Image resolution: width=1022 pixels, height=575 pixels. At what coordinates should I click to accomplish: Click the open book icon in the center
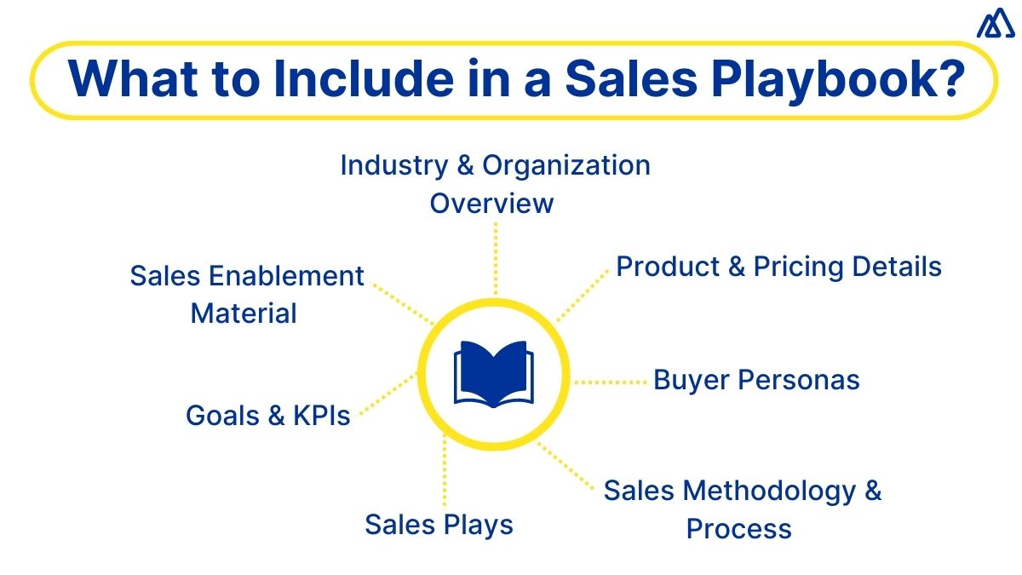click(494, 372)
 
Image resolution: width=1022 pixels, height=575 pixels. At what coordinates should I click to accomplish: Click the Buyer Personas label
click(756, 380)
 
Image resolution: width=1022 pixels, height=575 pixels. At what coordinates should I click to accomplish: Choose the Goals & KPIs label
click(268, 416)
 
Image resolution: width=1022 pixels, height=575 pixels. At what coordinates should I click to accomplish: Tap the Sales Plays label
click(439, 524)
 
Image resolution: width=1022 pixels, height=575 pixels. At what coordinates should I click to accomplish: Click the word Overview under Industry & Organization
click(491, 204)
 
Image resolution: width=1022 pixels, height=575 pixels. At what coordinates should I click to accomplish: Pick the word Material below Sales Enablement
click(244, 313)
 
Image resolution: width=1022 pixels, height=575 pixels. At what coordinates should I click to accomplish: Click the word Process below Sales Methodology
click(738, 529)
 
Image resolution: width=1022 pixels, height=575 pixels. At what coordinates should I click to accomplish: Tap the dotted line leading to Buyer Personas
click(611, 382)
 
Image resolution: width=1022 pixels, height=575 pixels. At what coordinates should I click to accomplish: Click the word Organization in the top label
click(566, 165)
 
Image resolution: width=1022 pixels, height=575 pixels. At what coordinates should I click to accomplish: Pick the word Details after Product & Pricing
click(896, 267)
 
